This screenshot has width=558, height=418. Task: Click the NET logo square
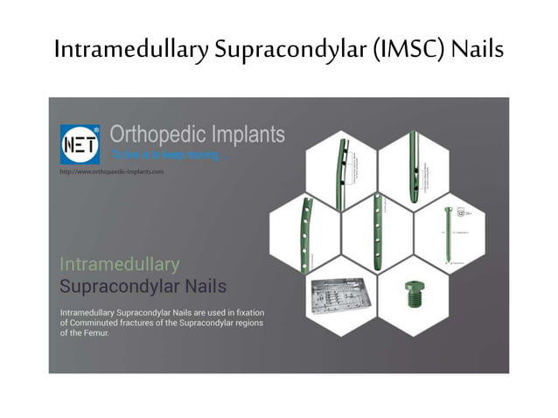[79, 142]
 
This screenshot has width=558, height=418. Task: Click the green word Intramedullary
[119, 263]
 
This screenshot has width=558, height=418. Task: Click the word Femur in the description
[96, 333]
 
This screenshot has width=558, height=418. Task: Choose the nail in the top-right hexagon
[413, 165]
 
